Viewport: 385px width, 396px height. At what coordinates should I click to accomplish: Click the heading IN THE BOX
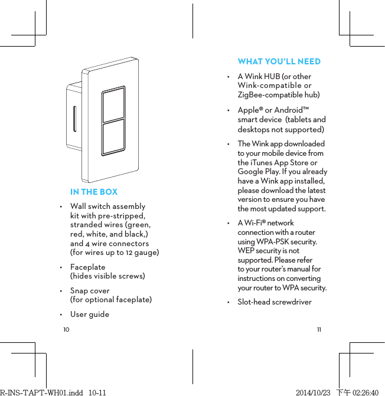[93, 192]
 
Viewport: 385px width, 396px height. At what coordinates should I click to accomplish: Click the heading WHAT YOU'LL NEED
[279, 61]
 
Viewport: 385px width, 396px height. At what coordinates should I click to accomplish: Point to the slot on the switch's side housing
[74, 119]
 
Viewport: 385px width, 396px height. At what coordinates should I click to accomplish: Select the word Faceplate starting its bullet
[87, 267]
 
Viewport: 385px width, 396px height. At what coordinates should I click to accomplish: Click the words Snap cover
[90, 290]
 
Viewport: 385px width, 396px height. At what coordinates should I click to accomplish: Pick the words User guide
[90, 314]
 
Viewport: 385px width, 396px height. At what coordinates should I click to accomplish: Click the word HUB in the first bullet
[272, 76]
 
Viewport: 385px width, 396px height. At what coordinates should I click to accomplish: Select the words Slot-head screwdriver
[274, 302]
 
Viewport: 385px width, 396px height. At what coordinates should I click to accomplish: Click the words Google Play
[255, 172]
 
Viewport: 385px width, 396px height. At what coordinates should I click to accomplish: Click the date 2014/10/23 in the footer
[313, 392]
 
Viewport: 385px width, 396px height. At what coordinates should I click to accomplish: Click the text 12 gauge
[144, 253]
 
